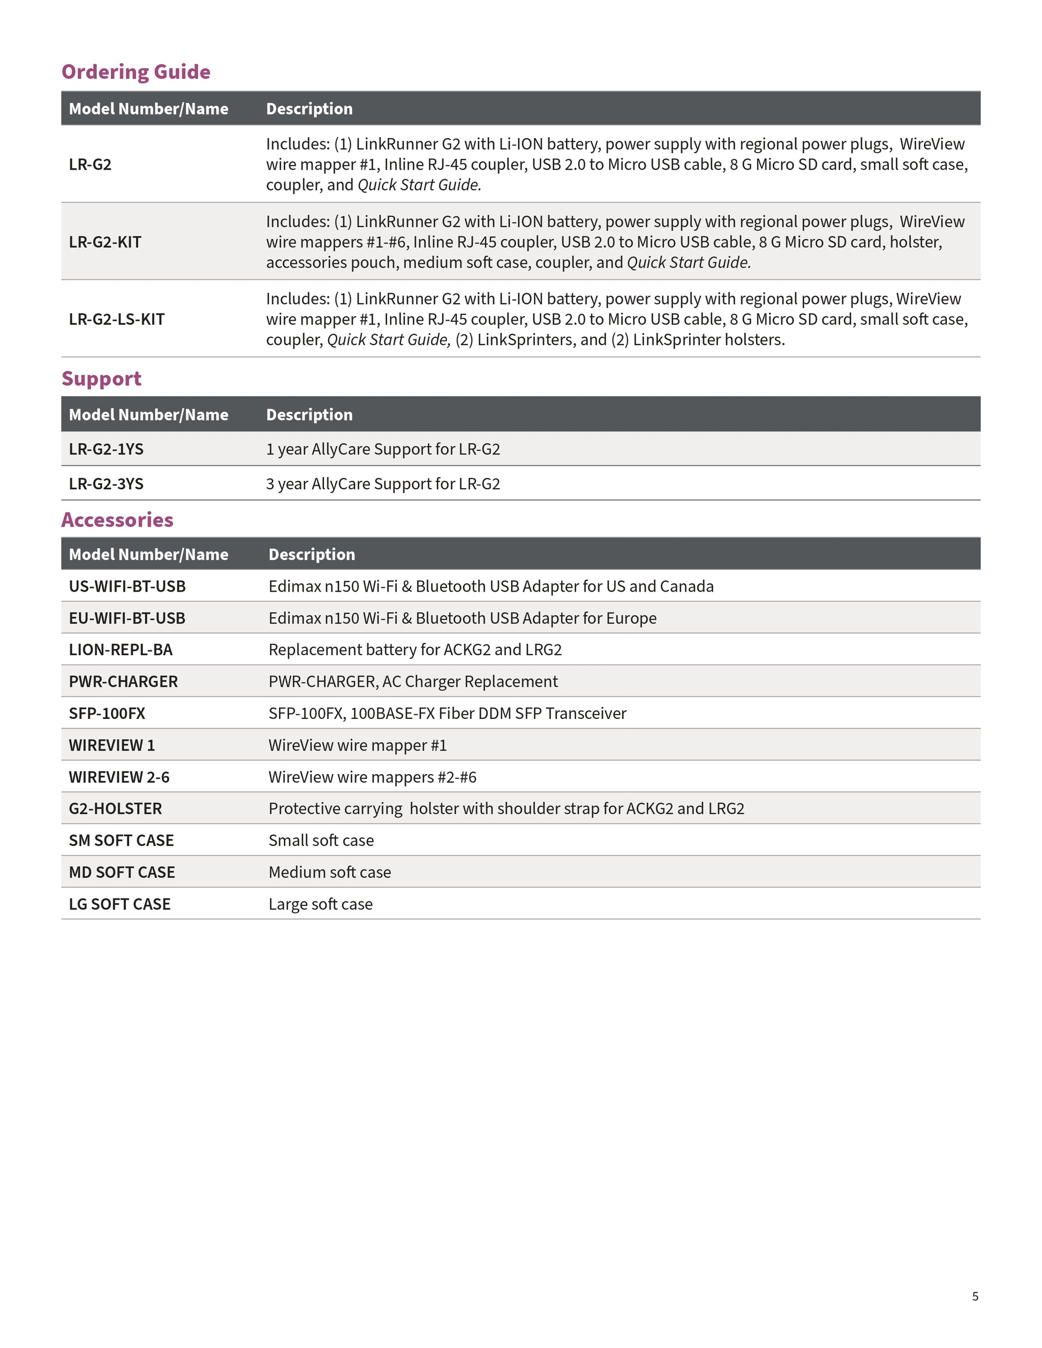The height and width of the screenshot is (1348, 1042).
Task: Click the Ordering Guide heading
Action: [x=136, y=72]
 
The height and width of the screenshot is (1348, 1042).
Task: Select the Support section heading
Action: [x=101, y=378]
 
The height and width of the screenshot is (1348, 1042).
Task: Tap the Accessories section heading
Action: [x=117, y=520]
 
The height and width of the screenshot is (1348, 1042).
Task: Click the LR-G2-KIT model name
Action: [x=105, y=242]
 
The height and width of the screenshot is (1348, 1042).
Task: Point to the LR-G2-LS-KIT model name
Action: [x=117, y=319]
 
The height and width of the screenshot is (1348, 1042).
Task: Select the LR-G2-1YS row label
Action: [x=106, y=449]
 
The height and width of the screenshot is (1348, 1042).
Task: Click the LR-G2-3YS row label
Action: [x=106, y=484]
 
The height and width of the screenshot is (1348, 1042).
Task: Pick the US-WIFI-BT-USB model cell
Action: [x=127, y=586]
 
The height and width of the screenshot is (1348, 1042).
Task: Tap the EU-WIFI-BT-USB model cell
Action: [x=127, y=618]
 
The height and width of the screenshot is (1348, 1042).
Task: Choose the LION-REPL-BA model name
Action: [x=120, y=650]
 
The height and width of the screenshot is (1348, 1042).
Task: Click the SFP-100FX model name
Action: [x=107, y=714]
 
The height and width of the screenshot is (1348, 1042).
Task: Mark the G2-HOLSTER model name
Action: [x=116, y=808]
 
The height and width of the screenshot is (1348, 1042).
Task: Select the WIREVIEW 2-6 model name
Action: [x=119, y=777]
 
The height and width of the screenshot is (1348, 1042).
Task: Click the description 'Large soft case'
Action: [x=320, y=904]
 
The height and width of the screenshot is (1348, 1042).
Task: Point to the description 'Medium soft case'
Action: [x=330, y=872]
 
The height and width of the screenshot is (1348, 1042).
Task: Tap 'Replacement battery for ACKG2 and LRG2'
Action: [x=415, y=650]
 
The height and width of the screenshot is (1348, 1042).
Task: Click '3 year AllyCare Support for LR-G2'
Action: [x=383, y=484]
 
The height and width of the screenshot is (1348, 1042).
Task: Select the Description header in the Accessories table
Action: [x=312, y=554]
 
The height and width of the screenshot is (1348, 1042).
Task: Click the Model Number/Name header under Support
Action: [x=148, y=415]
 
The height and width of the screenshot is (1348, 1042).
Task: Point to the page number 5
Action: [x=975, y=1296]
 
